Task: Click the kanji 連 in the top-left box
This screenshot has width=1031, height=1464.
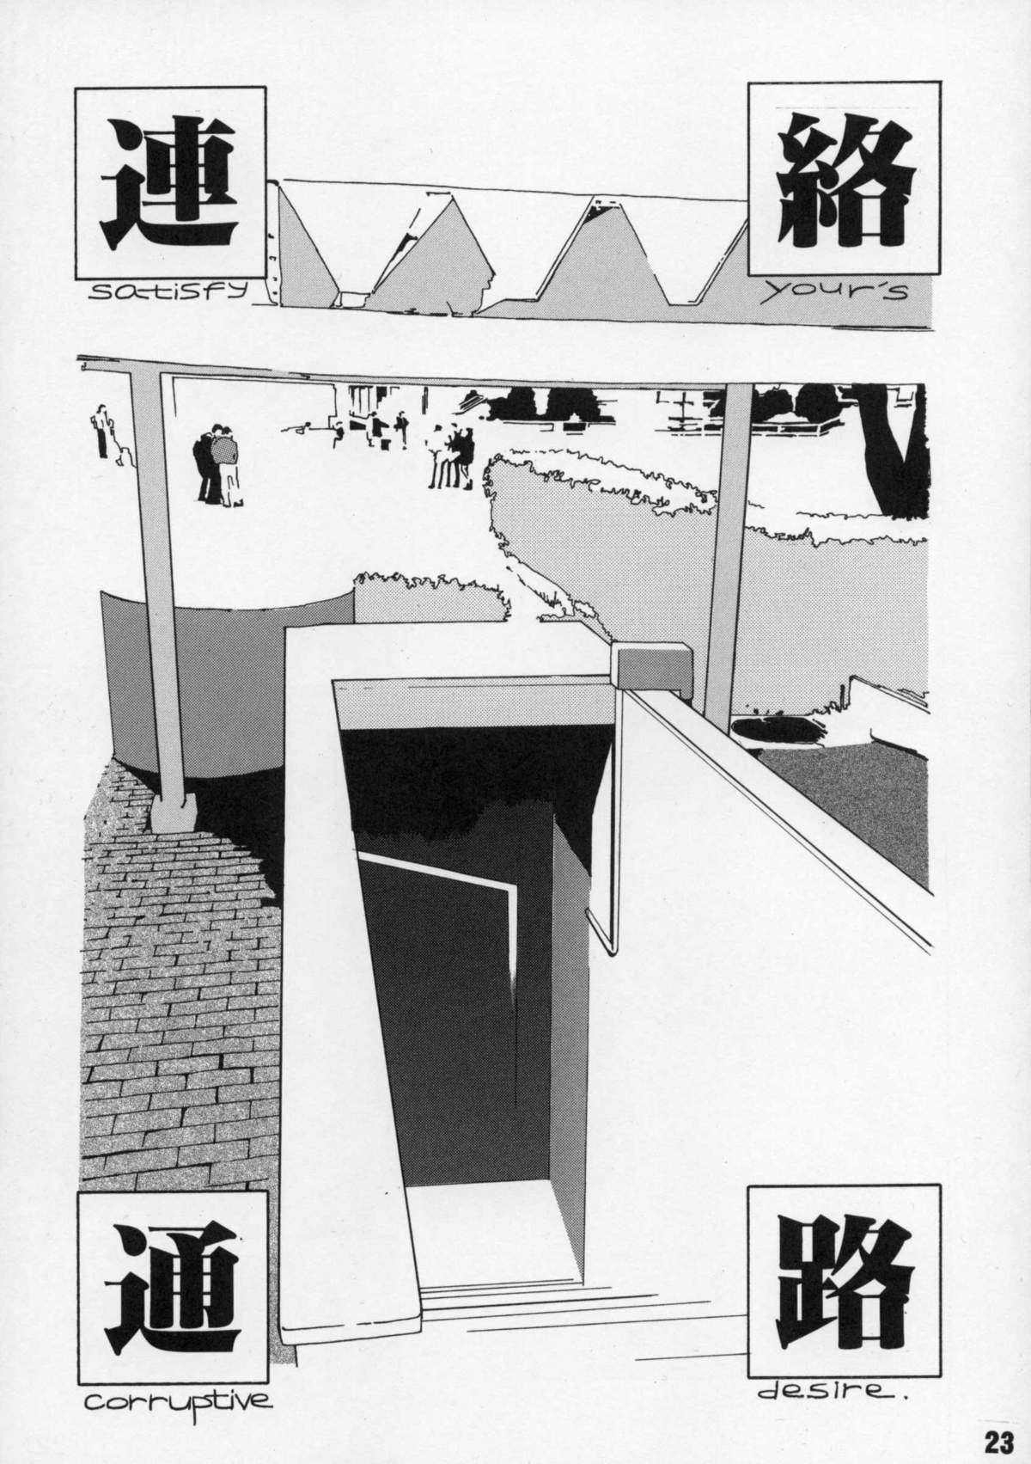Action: click(x=168, y=182)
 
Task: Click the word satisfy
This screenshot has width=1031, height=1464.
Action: click(x=167, y=290)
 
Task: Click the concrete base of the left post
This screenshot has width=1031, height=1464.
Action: click(x=174, y=813)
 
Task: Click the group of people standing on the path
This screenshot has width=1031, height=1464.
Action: click(x=451, y=456)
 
